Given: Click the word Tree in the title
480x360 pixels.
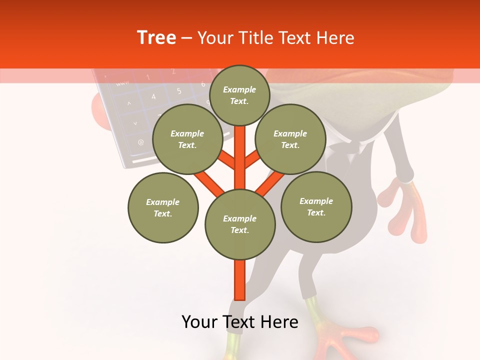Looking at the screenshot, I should tap(156, 38).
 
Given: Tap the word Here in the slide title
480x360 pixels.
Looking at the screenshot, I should tap(332, 38).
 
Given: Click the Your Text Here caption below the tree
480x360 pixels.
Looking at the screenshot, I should tap(240, 322).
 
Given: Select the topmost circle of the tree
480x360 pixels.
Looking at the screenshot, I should tap(239, 95).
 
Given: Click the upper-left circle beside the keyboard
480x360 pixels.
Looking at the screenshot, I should tap(187, 139).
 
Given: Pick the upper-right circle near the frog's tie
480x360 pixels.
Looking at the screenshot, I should tap(290, 139).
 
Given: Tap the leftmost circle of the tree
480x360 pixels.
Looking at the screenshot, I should tap(163, 207).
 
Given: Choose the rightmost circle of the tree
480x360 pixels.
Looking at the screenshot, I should tap(316, 206).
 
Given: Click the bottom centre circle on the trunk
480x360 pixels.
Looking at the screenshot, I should tap(240, 224).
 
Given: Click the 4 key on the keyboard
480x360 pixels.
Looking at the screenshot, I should tap(153, 96).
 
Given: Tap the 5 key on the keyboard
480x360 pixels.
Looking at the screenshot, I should tap(178, 91).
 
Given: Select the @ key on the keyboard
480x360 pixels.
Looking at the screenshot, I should tap(140, 142).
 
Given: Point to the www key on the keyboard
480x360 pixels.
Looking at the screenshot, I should tap(122, 83).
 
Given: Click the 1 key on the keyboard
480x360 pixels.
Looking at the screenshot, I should tap(148, 77).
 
